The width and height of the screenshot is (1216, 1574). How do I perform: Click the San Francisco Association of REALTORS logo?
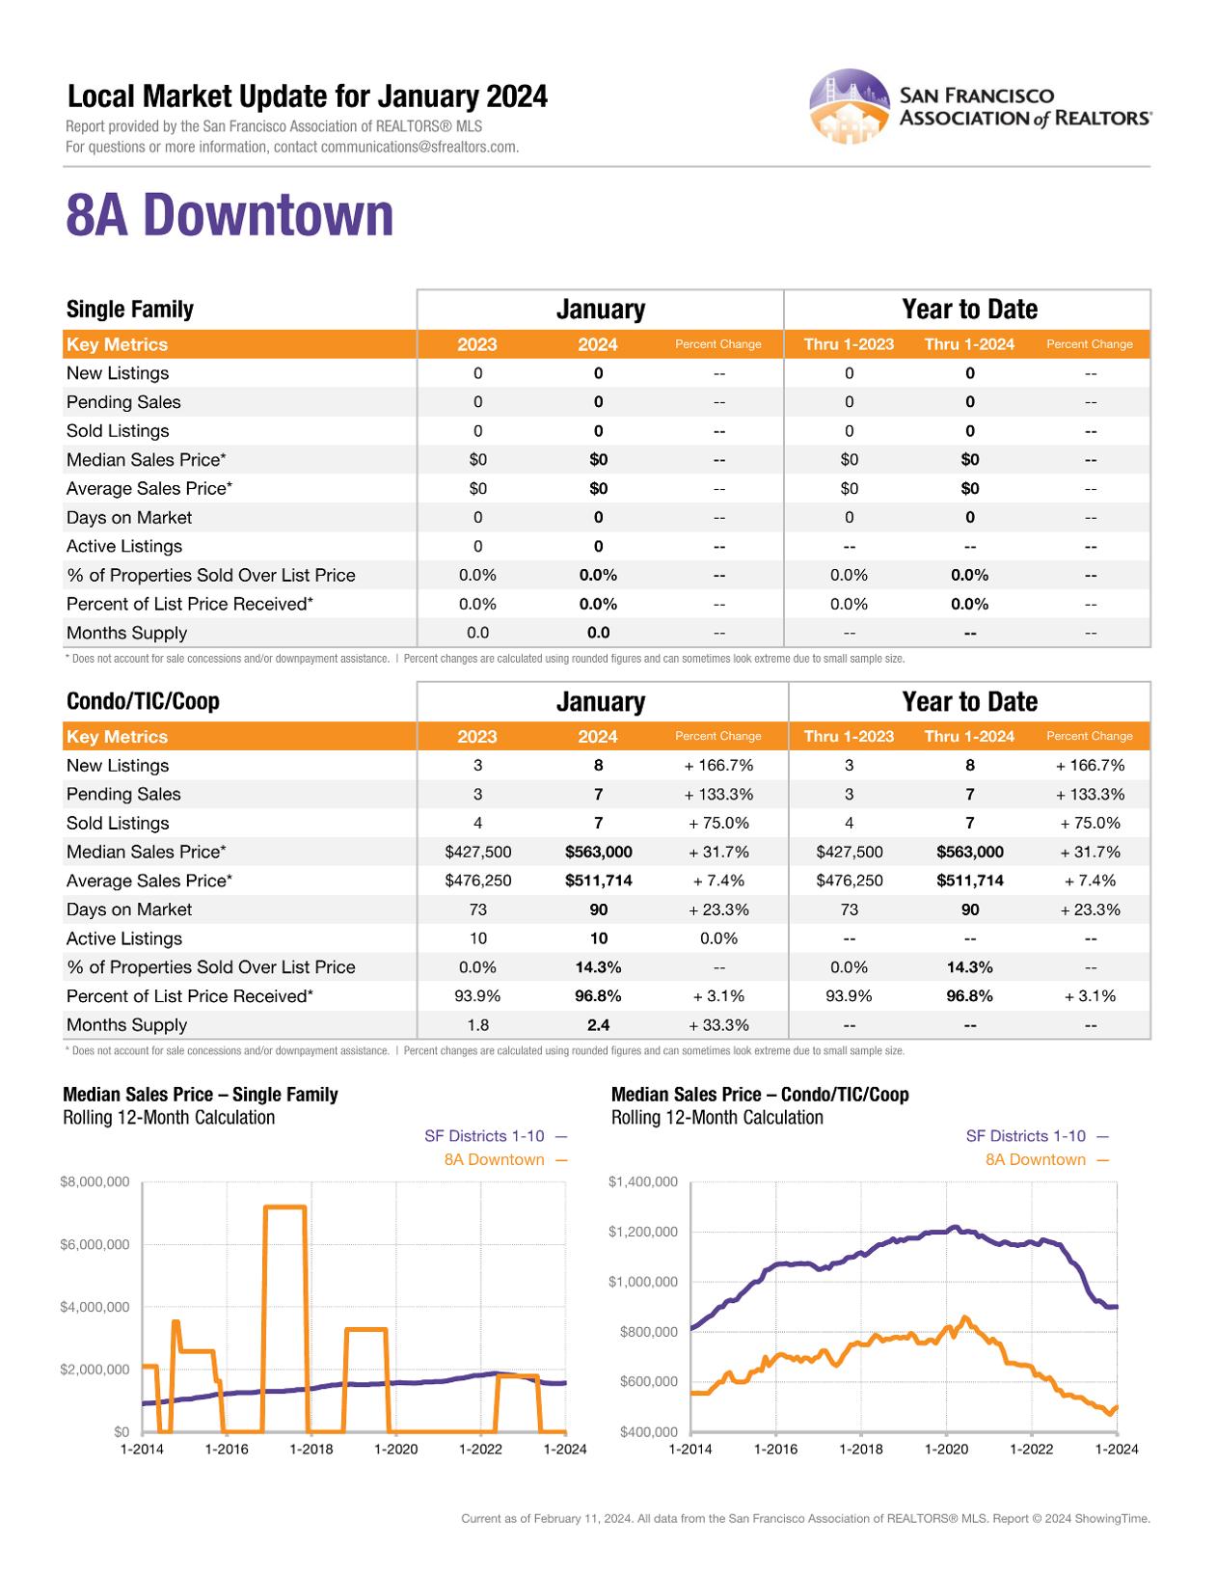(x=980, y=106)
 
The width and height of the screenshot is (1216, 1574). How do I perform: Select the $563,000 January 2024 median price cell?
(x=598, y=852)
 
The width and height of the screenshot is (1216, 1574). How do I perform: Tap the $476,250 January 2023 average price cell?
(x=477, y=881)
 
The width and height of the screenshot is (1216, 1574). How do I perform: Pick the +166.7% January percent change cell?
(x=718, y=765)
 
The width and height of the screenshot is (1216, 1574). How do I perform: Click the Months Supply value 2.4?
(x=598, y=1024)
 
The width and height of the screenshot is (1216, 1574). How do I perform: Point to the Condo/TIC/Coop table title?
(x=143, y=701)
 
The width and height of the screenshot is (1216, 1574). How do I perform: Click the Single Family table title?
(x=129, y=309)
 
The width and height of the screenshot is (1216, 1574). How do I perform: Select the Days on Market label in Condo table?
(x=128, y=909)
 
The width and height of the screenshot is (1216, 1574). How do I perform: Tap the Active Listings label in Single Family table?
(x=123, y=546)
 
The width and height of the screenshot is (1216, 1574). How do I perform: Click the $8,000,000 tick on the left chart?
(x=95, y=1181)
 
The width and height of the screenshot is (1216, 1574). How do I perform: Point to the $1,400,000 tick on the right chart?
(x=643, y=1181)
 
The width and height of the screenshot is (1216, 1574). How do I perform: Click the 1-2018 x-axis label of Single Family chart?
(x=311, y=1449)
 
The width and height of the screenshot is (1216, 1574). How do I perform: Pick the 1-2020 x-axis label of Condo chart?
(x=946, y=1449)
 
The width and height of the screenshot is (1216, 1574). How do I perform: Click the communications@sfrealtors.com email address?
(x=419, y=147)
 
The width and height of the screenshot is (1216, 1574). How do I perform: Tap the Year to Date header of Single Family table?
(x=969, y=309)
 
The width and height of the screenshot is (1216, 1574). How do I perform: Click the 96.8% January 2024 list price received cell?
(x=598, y=995)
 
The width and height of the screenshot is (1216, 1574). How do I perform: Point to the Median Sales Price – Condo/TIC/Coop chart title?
(x=760, y=1094)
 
